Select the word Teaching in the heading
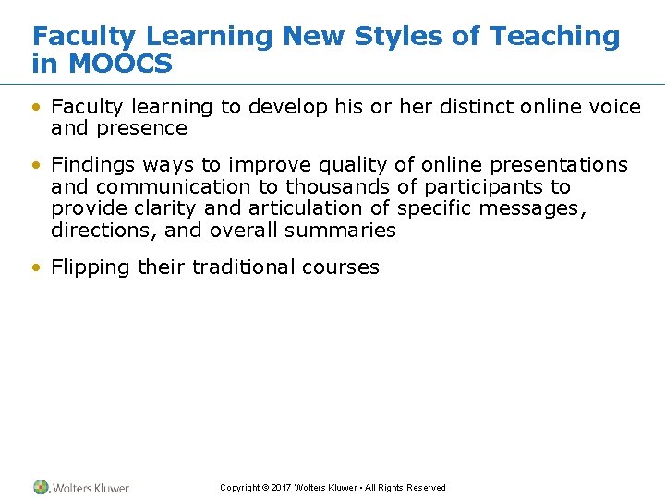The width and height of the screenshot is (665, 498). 555,37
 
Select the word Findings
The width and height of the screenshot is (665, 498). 92,165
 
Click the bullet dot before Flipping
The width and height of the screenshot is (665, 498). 36,268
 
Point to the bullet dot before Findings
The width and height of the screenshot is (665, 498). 36,166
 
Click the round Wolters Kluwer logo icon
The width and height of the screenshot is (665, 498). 41,487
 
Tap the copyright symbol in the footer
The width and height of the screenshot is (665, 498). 265,488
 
